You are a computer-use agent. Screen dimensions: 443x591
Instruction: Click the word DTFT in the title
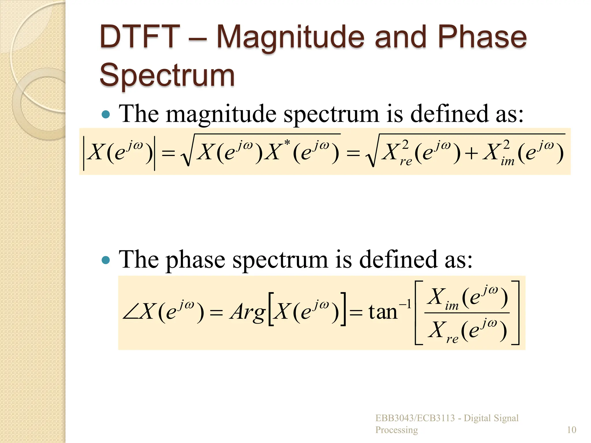point(140,37)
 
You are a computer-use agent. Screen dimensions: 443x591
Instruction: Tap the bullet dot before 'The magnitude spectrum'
point(106,114)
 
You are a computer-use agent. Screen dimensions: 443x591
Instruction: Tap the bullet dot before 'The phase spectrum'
point(106,260)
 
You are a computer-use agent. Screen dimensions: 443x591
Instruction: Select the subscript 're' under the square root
point(406,162)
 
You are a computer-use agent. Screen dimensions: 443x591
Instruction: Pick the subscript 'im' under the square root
point(507,162)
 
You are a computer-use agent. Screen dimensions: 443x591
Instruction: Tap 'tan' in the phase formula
point(383,312)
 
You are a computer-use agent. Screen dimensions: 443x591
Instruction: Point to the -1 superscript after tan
point(405,304)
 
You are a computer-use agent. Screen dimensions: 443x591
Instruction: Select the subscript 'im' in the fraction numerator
point(452,306)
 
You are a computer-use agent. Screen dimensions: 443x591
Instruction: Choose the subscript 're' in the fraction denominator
point(452,339)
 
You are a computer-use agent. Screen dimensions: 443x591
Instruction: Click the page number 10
point(571,430)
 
